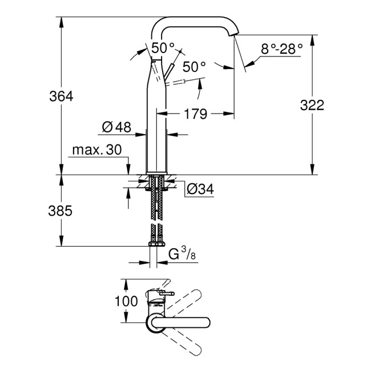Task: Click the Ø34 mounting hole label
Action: click(200, 188)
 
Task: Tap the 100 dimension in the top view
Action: click(127, 300)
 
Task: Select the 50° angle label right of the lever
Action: click(195, 67)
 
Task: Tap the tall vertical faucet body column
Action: click(156, 126)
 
